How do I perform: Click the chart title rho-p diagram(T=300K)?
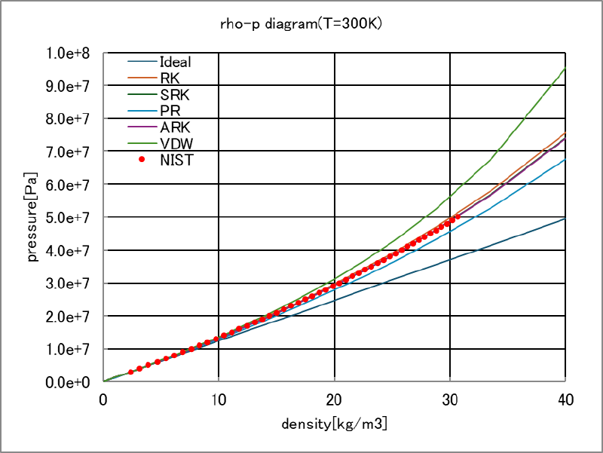(x=301, y=23)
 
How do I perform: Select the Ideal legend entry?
(x=175, y=62)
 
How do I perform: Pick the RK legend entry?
(x=170, y=78)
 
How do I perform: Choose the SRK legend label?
(x=174, y=94)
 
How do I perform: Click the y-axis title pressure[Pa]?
(x=32, y=219)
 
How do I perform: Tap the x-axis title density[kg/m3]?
(x=334, y=425)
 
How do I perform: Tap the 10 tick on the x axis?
(x=219, y=399)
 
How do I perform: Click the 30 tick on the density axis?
(x=450, y=399)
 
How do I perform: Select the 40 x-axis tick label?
(x=565, y=399)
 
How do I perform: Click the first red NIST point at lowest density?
(x=130, y=372)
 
